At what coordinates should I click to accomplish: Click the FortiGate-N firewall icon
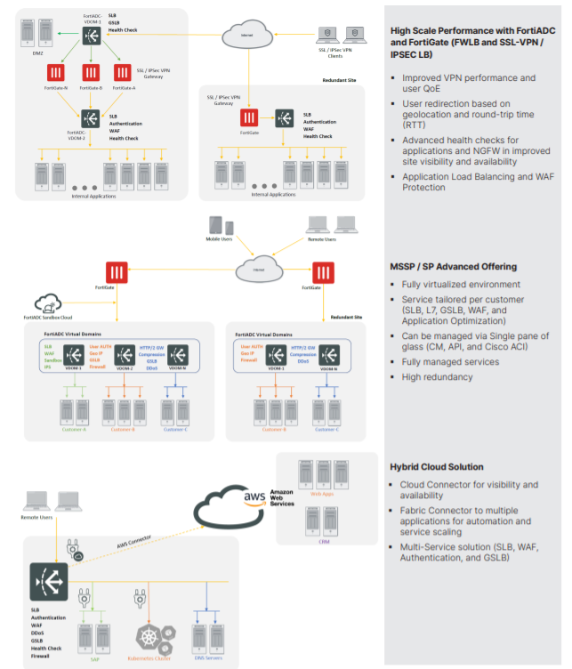pos(55,73)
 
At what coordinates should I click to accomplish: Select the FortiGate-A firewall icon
pos(124,73)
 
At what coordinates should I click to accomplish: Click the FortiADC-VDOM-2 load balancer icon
pos(90,117)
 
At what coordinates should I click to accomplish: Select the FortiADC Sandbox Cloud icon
pos(45,304)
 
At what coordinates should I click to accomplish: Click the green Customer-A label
pos(73,430)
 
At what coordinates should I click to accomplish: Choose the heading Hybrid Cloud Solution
pos(437,466)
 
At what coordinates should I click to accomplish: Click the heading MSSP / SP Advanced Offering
pos(454,266)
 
